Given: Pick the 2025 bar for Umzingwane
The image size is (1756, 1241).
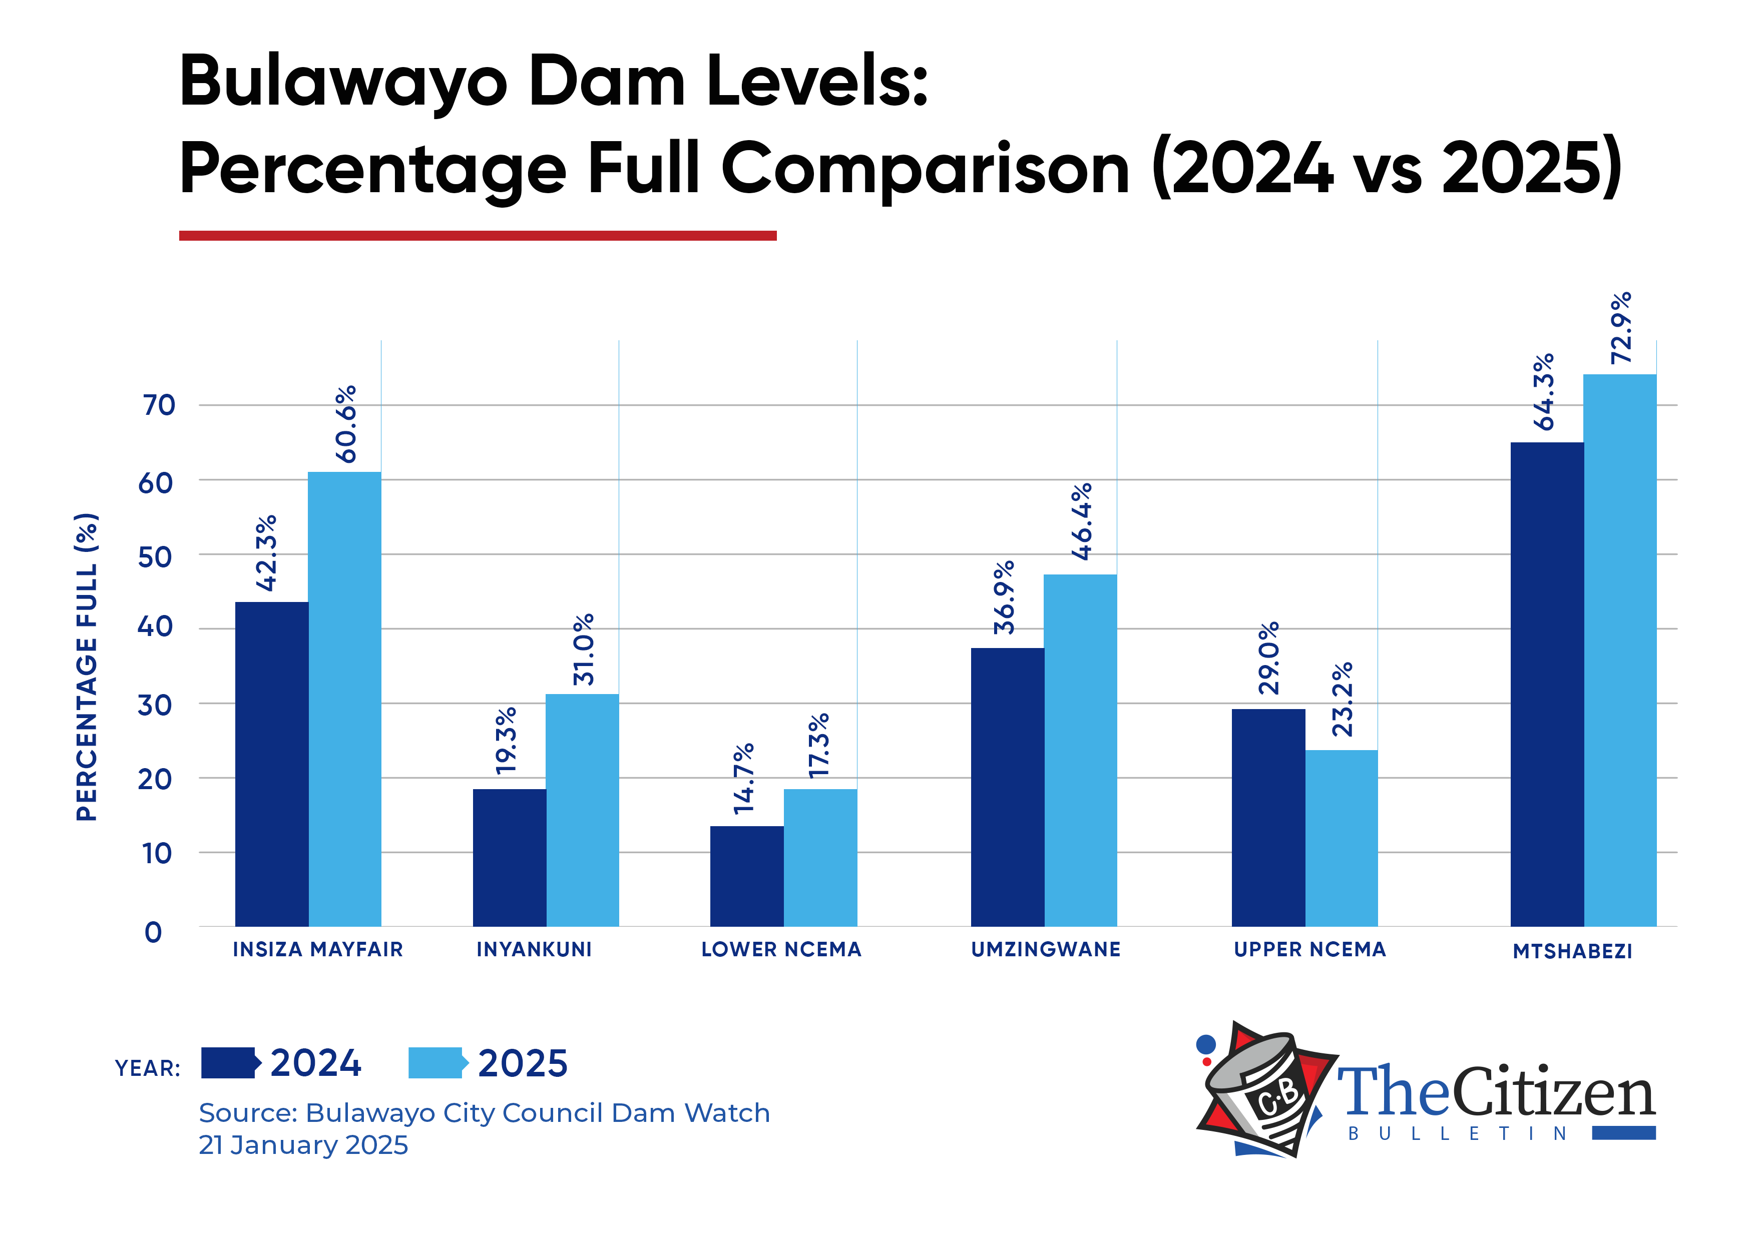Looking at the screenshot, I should pos(1080,749).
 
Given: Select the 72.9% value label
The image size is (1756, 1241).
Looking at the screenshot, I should pos(1621,328).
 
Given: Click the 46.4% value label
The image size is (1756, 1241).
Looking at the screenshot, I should pos(1081,521).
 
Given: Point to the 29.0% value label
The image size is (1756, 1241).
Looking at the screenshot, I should pos(1268,658).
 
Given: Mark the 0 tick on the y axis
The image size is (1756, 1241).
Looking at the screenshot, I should pos(153,932).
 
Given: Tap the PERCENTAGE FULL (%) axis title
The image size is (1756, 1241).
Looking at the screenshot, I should pos(87,667).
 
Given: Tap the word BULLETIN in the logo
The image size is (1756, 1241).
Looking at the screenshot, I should pos(1458,1133).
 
